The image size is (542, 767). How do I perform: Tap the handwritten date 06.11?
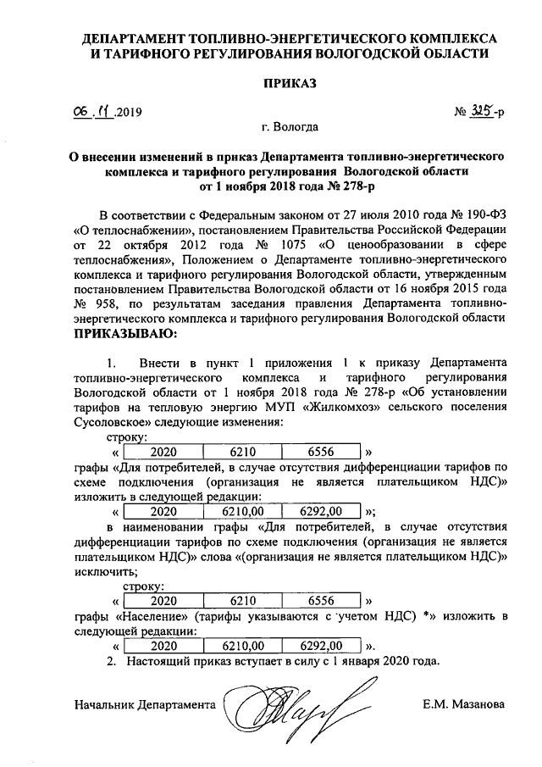point(93,111)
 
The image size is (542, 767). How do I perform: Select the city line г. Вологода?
point(290,128)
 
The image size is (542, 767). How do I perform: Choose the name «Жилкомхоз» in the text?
point(286,406)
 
